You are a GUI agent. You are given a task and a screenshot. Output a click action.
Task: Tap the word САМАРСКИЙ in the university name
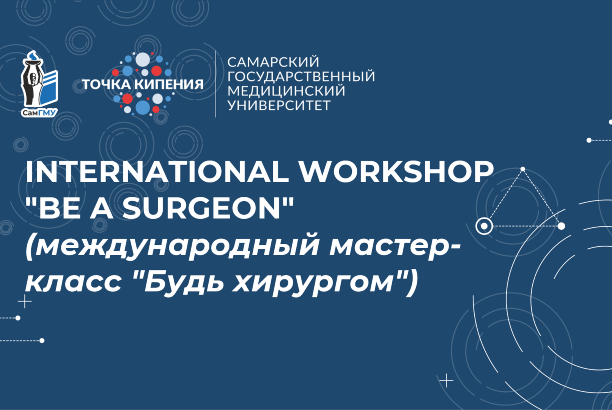click(273, 62)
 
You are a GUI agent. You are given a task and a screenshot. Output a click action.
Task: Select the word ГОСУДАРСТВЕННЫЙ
click(301, 76)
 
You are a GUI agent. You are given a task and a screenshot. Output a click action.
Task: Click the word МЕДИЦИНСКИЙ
click(286, 91)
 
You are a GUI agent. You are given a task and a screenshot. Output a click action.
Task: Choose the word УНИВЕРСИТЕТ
click(279, 105)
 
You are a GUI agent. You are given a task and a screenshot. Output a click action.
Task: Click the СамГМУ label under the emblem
click(39, 113)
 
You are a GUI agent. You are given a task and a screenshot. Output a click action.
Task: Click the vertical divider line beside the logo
click(216, 84)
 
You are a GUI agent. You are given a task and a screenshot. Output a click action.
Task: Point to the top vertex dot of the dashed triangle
click(523, 169)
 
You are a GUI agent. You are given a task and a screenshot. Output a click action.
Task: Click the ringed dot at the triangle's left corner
click(484, 226)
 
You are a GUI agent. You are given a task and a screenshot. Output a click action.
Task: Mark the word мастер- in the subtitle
click(395, 247)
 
